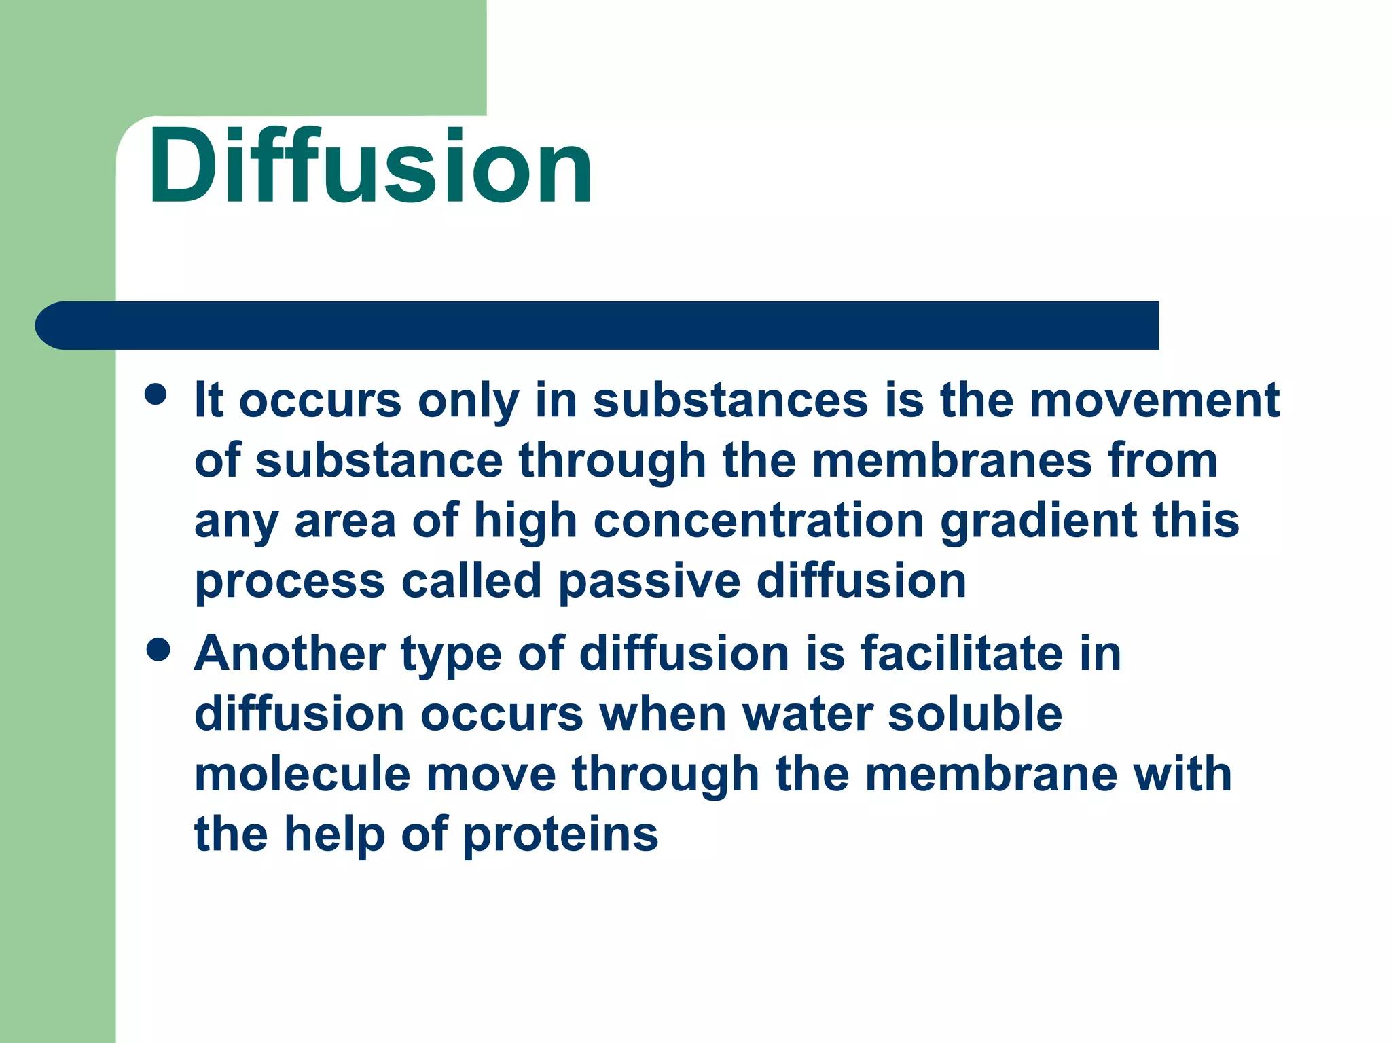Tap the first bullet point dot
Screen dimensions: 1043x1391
click(156, 394)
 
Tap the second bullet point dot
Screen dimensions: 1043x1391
click(158, 649)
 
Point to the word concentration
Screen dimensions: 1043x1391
click(759, 521)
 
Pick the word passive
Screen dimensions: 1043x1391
click(649, 582)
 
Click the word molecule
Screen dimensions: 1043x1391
click(302, 775)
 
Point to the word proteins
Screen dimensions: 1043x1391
click(560, 835)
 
